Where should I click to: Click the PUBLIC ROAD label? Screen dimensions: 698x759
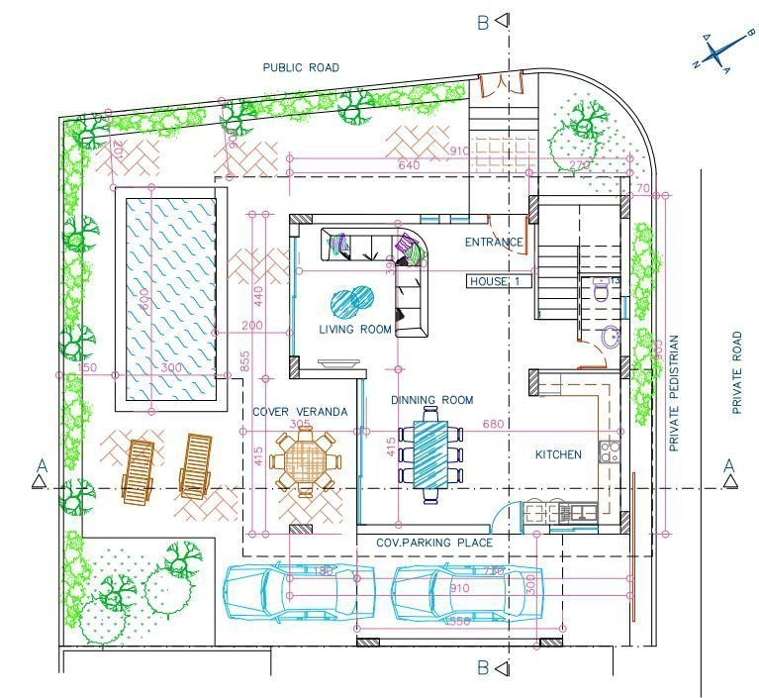[300, 67]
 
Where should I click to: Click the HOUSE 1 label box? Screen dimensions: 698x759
[500, 281]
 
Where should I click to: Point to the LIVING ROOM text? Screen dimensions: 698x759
[355, 329]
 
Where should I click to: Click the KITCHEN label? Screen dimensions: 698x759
[558, 454]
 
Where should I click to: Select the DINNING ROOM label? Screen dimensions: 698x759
[431, 400]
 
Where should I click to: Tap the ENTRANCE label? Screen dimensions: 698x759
[494, 242]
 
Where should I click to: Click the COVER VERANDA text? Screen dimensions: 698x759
[300, 411]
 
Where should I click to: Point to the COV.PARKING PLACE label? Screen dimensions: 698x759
[434, 543]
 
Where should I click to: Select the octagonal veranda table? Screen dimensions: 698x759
[306, 460]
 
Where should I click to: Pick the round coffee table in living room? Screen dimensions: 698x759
[352, 299]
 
